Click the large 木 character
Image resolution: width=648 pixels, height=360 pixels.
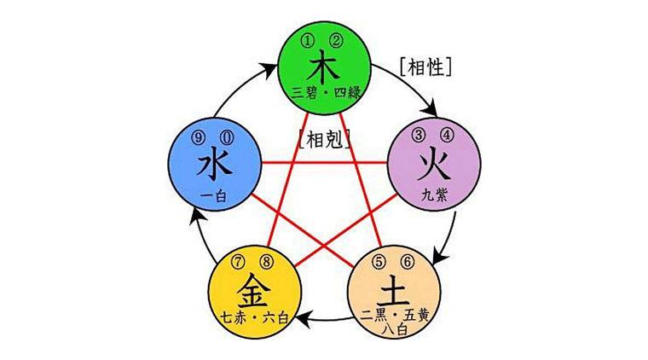[325, 66]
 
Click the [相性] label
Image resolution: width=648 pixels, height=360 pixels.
[425, 65]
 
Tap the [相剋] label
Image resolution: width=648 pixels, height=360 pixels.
[325, 137]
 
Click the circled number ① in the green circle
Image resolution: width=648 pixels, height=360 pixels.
[313, 38]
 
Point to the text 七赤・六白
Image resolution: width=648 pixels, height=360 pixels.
[255, 315]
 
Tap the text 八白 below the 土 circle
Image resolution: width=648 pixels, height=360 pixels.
[400, 325]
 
